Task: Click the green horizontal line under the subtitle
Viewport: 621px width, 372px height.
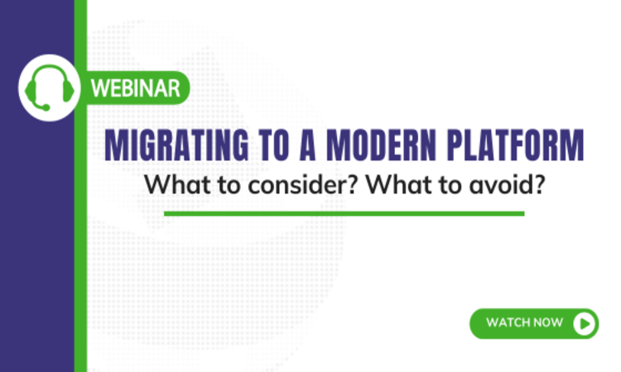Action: (x=344, y=213)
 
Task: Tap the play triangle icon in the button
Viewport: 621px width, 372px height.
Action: (x=585, y=323)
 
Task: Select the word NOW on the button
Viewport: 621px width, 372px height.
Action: (x=549, y=323)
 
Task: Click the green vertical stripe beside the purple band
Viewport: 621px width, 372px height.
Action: (x=80, y=248)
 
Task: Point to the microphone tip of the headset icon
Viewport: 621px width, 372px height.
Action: (x=47, y=107)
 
